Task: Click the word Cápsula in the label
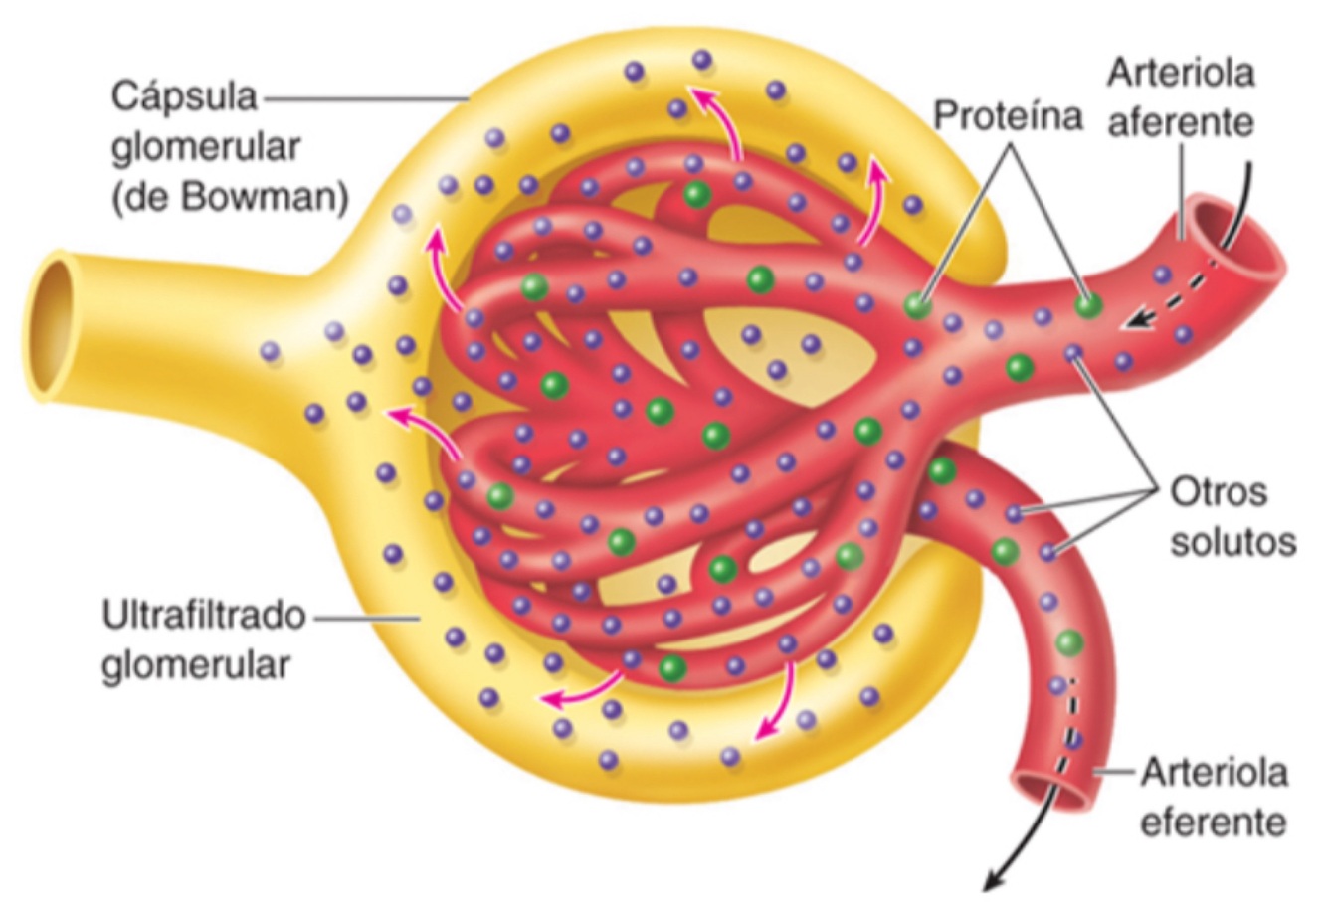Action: click(183, 97)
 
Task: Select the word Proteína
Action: click(1008, 116)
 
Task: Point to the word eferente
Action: click(1213, 823)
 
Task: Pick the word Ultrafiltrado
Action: click(203, 616)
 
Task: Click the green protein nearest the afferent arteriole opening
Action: click(1089, 304)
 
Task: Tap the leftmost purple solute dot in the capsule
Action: click(270, 350)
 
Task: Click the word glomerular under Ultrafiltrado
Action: click(195, 664)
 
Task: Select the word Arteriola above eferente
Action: click(1214, 772)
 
